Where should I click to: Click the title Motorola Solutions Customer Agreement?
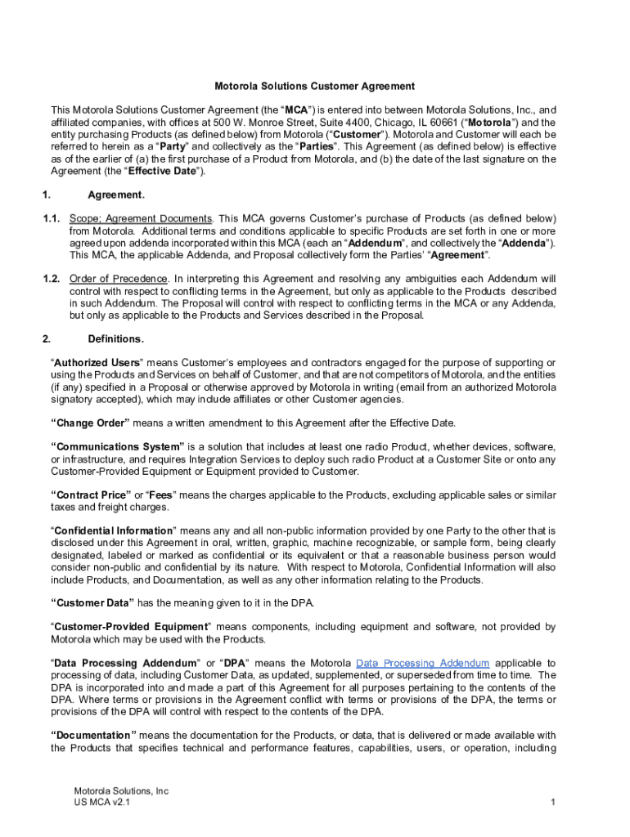click(314, 86)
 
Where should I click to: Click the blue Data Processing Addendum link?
click(423, 663)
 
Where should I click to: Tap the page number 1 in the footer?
click(553, 803)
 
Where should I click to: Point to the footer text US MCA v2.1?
click(101, 803)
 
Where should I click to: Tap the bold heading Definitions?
click(116, 338)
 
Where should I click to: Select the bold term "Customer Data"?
click(92, 602)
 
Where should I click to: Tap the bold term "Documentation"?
click(93, 736)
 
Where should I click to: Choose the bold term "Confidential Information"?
click(113, 531)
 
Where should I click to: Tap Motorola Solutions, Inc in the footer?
click(121, 791)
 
